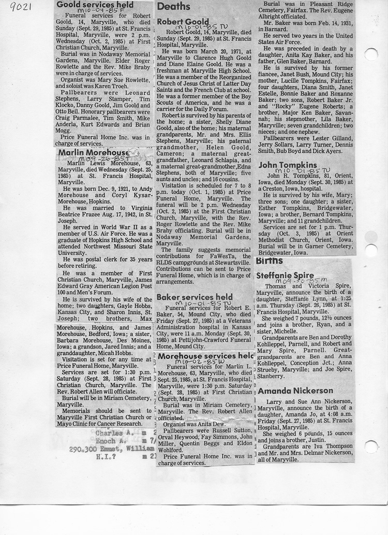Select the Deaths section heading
click(x=174, y=6)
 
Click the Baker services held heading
click(x=195, y=297)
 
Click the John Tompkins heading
click(x=288, y=165)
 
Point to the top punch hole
click(x=371, y=53)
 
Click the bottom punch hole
click(x=371, y=446)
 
